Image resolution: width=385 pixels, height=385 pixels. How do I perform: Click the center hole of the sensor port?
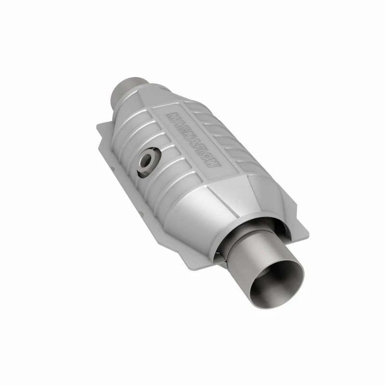146,162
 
